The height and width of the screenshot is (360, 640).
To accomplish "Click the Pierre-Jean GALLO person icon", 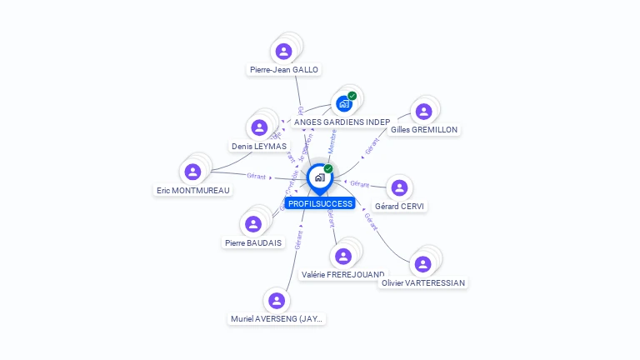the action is (283, 51).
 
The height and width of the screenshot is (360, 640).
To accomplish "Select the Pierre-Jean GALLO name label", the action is (283, 70).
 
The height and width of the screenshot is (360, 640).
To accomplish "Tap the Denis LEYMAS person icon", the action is (259, 127).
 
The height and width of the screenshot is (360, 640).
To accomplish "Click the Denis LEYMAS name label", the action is (258, 147).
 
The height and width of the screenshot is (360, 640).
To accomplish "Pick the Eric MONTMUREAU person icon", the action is (192, 172).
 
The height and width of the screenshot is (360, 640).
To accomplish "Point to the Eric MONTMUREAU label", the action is (192, 190).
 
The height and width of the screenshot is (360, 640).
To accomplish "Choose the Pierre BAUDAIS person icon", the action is (253, 224).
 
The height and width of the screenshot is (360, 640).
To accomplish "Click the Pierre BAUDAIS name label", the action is (253, 243).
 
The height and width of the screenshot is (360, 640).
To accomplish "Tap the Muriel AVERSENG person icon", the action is (277, 300).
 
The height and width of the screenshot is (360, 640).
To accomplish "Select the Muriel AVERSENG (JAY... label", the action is (277, 319).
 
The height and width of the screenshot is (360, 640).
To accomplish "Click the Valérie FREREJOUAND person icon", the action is (342, 256).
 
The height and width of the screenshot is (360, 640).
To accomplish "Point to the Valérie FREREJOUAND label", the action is (342, 274).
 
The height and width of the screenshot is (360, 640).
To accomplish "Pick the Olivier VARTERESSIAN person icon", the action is (422, 264).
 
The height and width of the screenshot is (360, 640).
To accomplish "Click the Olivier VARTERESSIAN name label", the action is (422, 282).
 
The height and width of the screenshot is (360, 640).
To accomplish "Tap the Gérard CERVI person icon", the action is (400, 187).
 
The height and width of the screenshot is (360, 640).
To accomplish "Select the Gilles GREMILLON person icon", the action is (423, 111).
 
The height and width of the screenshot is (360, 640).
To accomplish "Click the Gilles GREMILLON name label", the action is (424, 130).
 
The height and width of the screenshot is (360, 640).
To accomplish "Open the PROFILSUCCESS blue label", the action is (320, 203).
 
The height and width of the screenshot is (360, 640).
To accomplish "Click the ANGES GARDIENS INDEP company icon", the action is (342, 104).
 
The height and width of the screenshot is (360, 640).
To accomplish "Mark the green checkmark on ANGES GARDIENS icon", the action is (352, 96).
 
